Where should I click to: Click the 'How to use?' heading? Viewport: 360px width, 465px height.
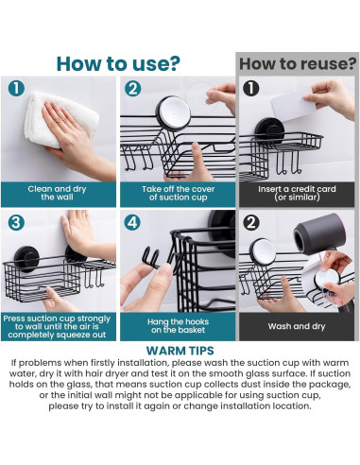(x=118, y=64)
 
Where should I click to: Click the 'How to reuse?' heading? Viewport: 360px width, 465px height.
(x=298, y=64)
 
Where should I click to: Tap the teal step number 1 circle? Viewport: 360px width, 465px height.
(x=16, y=88)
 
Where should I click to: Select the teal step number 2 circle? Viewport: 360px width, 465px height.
(x=132, y=89)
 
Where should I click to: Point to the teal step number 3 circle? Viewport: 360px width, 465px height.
(x=16, y=223)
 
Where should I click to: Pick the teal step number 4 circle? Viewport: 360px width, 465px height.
(x=132, y=223)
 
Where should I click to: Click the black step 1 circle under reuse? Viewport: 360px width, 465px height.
(x=251, y=88)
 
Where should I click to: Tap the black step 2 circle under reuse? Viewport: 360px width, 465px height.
(x=251, y=223)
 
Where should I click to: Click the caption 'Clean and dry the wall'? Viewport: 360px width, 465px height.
(x=57, y=193)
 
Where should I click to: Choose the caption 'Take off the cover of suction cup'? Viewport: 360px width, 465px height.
(x=178, y=193)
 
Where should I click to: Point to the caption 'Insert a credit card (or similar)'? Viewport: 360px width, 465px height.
(x=297, y=193)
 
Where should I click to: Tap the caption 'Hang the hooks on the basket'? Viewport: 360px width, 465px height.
(x=178, y=326)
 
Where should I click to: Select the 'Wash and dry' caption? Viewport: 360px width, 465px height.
(x=297, y=326)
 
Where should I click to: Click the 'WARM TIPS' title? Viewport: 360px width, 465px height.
(x=180, y=351)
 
